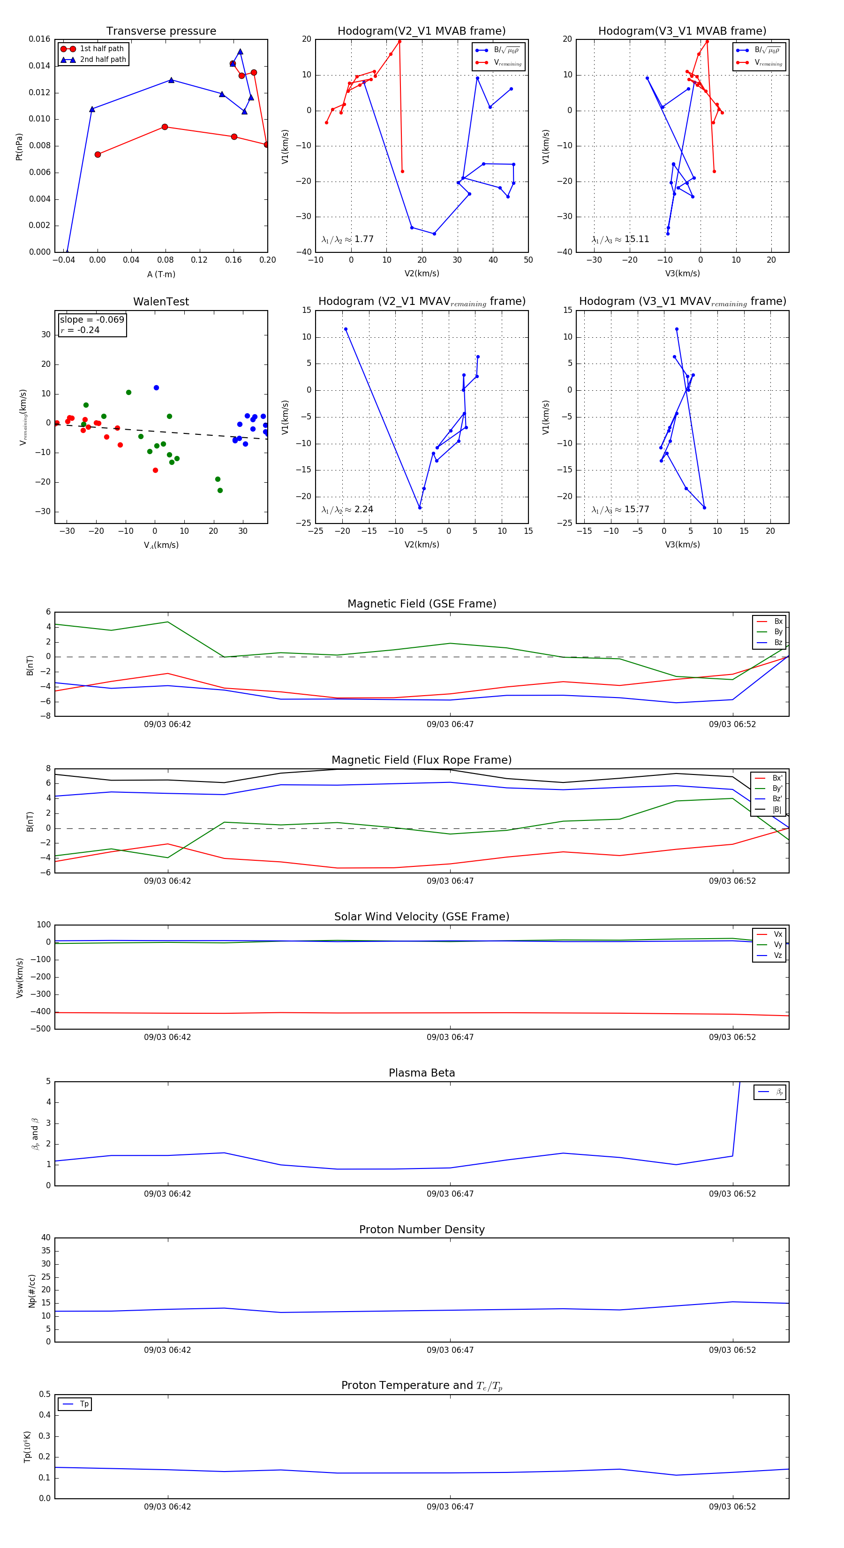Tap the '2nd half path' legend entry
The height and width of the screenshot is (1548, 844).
103,60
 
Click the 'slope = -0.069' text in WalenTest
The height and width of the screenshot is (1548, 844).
92,320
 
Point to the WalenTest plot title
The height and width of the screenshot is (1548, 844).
161,302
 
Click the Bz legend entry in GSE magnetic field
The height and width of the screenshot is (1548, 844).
777,642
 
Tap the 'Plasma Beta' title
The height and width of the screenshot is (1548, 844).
422,1073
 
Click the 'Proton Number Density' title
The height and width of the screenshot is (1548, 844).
422,1229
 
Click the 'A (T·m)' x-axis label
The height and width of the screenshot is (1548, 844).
161,274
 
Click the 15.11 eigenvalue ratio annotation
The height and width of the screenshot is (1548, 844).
620,239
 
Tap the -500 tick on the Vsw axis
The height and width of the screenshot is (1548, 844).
40,1029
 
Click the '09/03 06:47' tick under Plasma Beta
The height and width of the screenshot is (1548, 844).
450,1193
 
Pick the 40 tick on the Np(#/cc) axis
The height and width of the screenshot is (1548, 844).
45,1238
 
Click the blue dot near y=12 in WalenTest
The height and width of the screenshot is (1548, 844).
156,387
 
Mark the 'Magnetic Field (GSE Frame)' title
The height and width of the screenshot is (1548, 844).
422,604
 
